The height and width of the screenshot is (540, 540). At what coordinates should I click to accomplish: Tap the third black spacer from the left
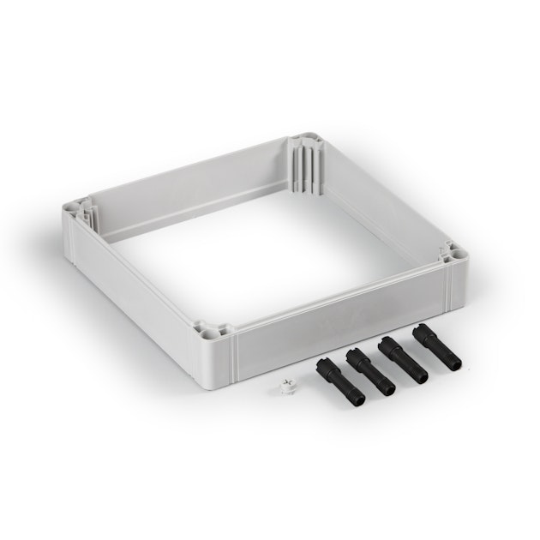coord(402,357)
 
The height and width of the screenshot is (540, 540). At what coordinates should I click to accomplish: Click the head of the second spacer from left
coord(354,353)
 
